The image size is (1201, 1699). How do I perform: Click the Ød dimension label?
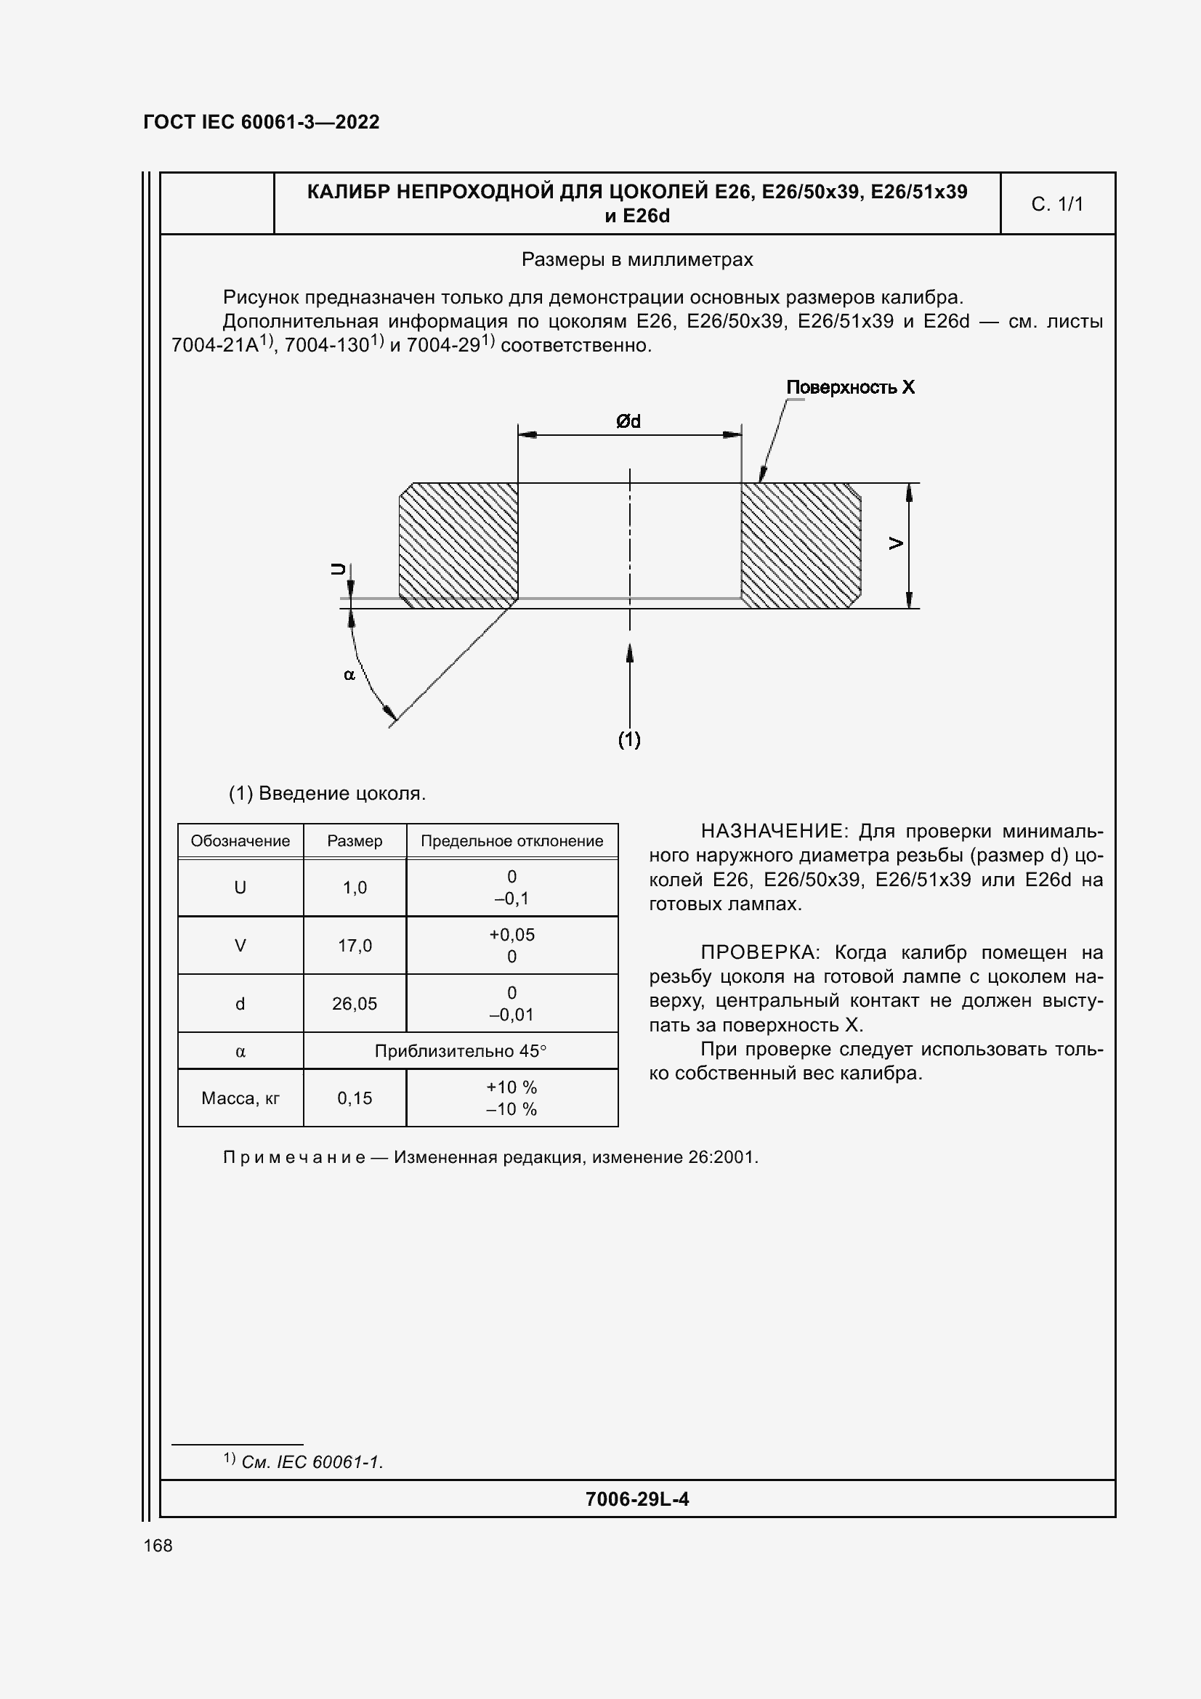[628, 422]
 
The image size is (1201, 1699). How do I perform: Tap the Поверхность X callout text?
[849, 388]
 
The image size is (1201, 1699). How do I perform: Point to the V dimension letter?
[896, 544]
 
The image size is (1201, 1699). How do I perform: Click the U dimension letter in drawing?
[338, 568]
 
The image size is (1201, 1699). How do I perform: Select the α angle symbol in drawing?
[349, 675]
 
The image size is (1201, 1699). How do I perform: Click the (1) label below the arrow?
[629, 739]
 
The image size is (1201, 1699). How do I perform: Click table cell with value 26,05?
[355, 1003]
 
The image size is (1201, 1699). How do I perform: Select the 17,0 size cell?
[355, 946]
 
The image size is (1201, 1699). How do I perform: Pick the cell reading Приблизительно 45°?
[460, 1051]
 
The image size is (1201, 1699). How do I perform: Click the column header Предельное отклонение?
[511, 841]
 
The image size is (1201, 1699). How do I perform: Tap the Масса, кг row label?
[240, 1098]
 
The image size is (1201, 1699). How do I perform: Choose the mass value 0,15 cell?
[355, 1098]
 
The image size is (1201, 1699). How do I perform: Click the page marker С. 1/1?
[1056, 204]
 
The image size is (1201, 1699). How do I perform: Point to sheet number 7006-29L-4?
[636, 1500]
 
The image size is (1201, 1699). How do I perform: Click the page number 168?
[158, 1546]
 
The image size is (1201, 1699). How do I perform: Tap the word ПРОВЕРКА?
[759, 952]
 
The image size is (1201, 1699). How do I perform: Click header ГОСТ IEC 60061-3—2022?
[262, 122]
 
